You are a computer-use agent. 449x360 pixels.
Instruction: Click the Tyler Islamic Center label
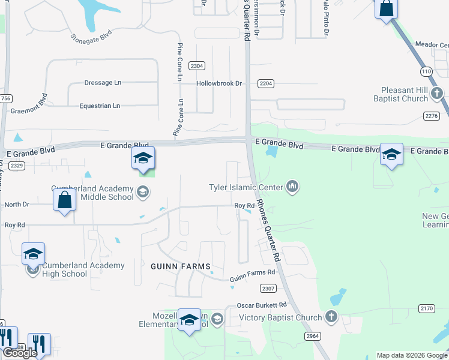point(245,187)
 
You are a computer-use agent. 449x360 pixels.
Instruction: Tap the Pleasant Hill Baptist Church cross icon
point(437,93)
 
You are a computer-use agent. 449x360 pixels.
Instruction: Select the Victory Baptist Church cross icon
point(331,316)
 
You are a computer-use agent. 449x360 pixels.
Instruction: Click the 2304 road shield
point(196,66)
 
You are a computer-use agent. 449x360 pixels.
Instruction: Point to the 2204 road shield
point(266,83)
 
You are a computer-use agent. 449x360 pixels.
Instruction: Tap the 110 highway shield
point(426,71)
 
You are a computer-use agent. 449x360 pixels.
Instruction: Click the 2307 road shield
point(268,289)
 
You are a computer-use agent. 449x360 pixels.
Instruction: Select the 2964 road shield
point(312,335)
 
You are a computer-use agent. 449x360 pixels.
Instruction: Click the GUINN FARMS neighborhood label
point(181,266)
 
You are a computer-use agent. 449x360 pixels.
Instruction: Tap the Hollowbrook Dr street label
point(219,83)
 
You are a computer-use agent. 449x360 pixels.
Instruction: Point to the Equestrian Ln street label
point(100,106)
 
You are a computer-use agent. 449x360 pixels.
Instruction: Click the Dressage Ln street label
point(103,83)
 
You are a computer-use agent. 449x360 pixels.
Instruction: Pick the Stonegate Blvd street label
point(91,37)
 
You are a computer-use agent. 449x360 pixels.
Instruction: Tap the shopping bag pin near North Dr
point(64,200)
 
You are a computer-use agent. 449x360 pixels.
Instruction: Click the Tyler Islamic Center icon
point(292,187)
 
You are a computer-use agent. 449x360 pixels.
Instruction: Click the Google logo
point(20,353)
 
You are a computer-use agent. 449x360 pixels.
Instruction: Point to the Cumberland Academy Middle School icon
point(142,192)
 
